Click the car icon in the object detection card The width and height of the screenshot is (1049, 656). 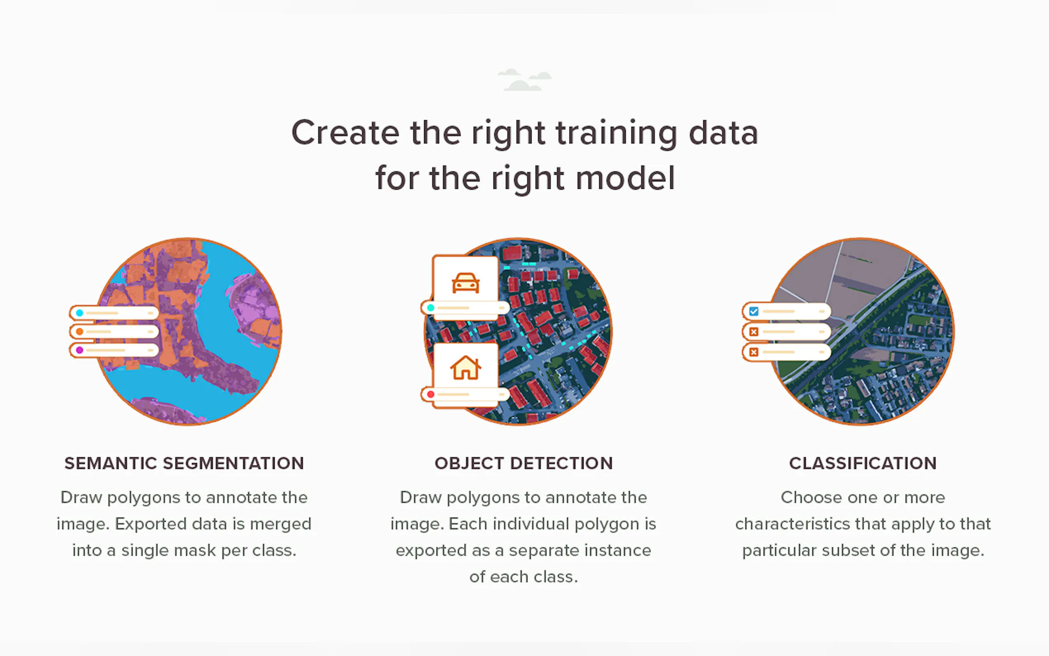[465, 283]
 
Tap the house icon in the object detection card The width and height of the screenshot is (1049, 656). [465, 368]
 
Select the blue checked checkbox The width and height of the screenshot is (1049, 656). [754, 311]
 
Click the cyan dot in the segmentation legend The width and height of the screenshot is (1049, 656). [79, 313]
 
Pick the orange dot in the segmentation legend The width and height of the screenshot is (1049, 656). [79, 331]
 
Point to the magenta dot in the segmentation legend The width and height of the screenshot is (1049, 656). [79, 350]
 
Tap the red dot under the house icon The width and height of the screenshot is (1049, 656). [431, 395]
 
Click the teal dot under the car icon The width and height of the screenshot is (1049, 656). [431, 308]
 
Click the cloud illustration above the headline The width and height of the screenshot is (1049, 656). [524, 79]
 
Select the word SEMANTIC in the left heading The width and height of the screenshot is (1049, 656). [111, 463]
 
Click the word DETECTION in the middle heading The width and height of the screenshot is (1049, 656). [562, 463]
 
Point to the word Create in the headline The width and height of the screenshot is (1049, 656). [345, 133]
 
